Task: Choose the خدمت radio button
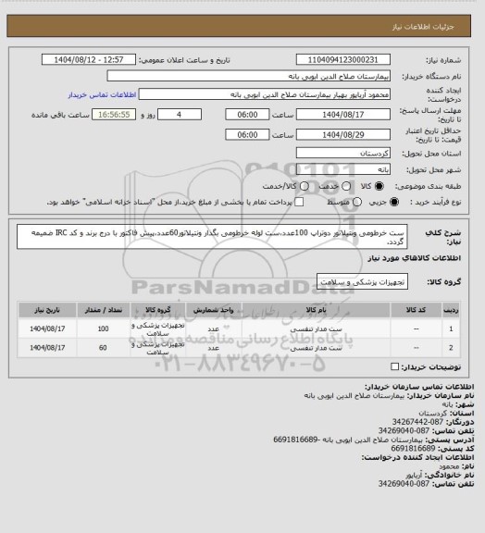344,187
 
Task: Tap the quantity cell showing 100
103,328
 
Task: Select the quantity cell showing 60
103,348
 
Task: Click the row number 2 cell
451,348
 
